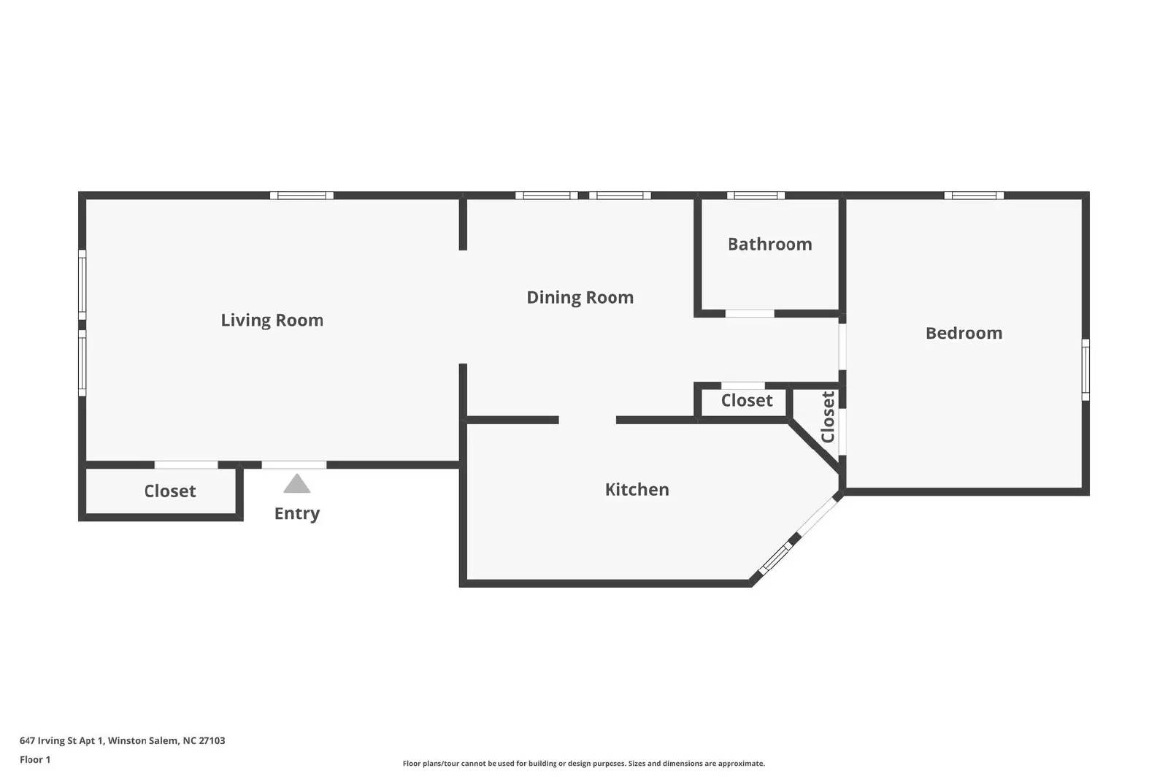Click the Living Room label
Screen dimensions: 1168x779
pos(272,321)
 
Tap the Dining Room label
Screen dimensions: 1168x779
pos(580,297)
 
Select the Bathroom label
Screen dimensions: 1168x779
pos(769,244)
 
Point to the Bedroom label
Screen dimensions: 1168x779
pos(964,333)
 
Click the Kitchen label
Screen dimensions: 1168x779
pos(637,490)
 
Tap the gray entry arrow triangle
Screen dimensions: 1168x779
pos(296,483)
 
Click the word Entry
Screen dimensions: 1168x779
pos(296,513)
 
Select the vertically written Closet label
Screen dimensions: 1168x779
pos(828,417)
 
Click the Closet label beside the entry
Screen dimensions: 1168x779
pos(170,491)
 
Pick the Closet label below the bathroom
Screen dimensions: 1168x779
pos(747,400)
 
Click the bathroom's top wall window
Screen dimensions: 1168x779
pos(756,196)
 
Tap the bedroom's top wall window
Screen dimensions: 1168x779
pos(974,196)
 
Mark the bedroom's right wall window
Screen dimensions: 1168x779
pos(1085,369)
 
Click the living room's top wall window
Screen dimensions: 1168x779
pos(301,196)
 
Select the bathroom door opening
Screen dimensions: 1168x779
pos(750,313)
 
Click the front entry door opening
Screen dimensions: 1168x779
pos(294,464)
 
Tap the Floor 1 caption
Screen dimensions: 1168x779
pos(35,760)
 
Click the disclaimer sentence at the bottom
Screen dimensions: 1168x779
pos(583,764)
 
